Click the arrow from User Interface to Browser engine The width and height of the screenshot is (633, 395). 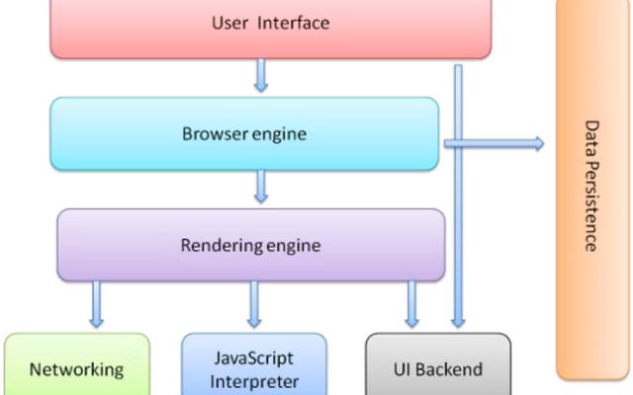pos(260,75)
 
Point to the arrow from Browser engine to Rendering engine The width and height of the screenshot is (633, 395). pos(261,185)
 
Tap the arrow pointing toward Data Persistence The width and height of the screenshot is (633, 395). pos(495,144)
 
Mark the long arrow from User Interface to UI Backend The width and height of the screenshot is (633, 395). pos(457,197)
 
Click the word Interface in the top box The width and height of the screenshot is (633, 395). pos(294,22)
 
